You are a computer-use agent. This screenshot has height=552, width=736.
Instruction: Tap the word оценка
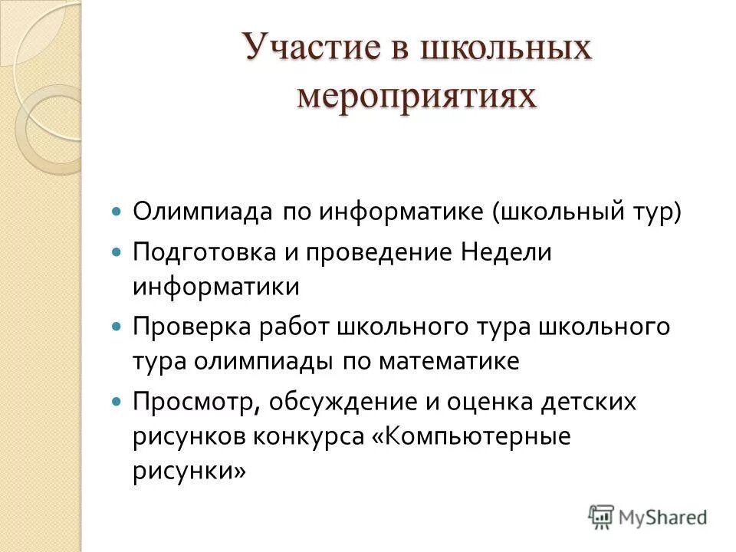[504, 401]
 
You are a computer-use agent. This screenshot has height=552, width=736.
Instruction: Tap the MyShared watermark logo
[648, 517]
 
